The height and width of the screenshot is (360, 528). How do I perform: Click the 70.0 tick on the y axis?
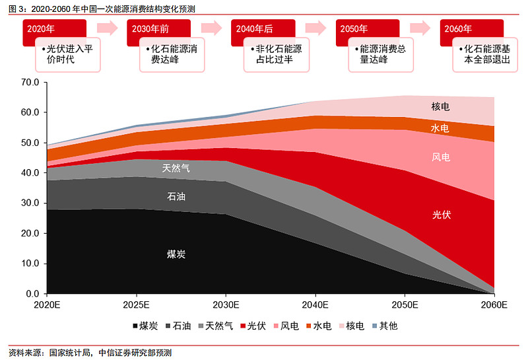pos(30,82)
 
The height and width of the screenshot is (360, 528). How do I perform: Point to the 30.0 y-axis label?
pos(30,203)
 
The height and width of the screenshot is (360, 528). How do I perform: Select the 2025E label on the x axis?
pos(135,305)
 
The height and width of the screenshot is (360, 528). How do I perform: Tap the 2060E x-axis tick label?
pos(494,305)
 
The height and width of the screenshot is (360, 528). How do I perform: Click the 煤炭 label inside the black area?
pos(176,254)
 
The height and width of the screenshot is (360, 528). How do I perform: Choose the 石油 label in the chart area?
pos(176,196)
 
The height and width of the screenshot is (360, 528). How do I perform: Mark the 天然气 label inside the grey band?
pos(176,168)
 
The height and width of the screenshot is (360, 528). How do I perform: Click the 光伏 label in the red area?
pos(442,215)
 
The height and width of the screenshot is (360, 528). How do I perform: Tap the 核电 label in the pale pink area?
pos(440,106)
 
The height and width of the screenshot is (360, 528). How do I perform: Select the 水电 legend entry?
pos(317,326)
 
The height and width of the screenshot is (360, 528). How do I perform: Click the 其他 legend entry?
pos(384,326)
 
